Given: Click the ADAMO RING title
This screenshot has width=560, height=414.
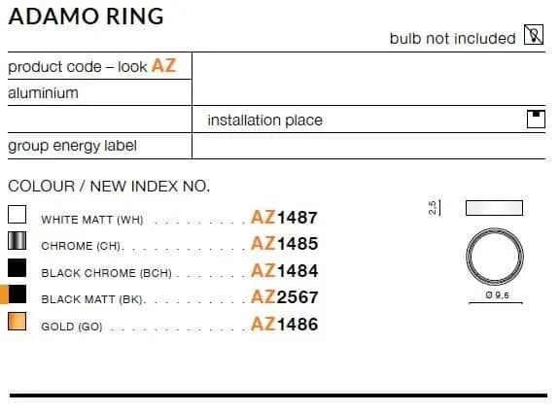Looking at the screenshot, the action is coord(87,17).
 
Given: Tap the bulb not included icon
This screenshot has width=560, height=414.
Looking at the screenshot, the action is coord(534,35).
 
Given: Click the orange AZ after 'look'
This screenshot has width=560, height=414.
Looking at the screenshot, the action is coord(164,66).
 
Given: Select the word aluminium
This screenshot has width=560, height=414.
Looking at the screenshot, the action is coord(43,93).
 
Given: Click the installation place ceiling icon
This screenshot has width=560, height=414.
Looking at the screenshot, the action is coord(536,120).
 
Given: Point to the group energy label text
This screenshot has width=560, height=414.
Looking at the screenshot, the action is coord(72,146).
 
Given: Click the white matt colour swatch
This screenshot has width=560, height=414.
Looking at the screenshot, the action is coord(17,214).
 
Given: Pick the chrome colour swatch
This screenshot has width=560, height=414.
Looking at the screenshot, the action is coord(17,241).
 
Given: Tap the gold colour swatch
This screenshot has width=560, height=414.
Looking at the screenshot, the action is coord(17,322).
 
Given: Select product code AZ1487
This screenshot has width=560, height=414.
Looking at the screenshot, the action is coord(284,218).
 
